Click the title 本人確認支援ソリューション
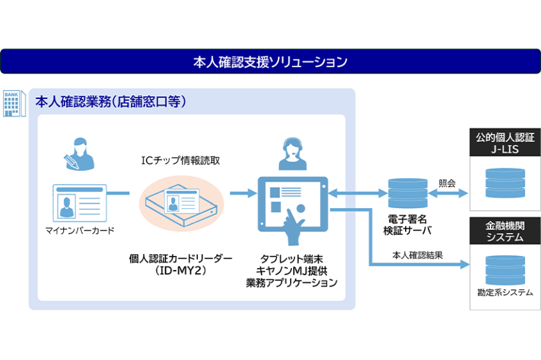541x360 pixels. pos(270,62)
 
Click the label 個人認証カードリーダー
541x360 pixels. pos(181,258)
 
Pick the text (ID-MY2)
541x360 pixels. pos(181,270)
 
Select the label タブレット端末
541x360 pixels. pos(291,258)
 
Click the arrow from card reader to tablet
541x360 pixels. pos(238,192)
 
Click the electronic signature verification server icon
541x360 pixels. pos(407,191)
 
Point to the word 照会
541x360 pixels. pos(447,183)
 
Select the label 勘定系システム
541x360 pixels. pos(505,292)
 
